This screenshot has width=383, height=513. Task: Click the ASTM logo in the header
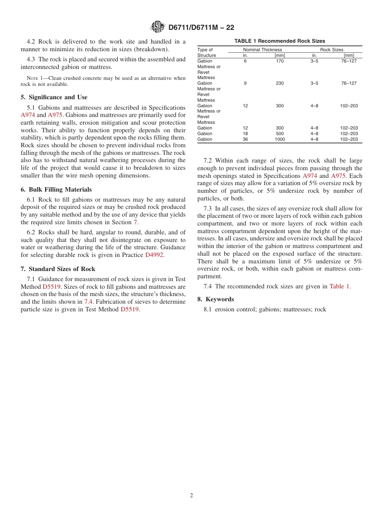157,27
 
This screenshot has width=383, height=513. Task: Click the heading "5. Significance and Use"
54,97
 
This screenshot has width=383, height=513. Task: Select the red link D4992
154,255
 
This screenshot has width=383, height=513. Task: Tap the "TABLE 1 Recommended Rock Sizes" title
280,41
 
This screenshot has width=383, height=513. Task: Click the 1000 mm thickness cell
280,139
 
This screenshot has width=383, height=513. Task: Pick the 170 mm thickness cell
280,61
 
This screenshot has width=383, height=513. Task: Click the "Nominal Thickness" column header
262,50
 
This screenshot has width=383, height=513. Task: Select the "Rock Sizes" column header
332,50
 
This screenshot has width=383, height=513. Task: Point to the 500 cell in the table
280,133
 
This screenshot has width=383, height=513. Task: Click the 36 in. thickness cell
245,139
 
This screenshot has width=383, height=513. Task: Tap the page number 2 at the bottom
191,496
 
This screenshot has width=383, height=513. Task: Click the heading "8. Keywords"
216,299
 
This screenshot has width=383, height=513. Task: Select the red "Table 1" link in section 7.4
339,286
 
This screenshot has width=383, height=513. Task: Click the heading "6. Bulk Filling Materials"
56,190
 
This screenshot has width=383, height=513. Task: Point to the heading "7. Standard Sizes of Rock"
58,269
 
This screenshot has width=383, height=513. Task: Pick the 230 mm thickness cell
280,83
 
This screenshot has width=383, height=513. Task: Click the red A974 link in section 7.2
310,176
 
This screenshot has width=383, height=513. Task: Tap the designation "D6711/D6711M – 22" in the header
201,27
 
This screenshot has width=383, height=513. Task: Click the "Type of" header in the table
205,50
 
